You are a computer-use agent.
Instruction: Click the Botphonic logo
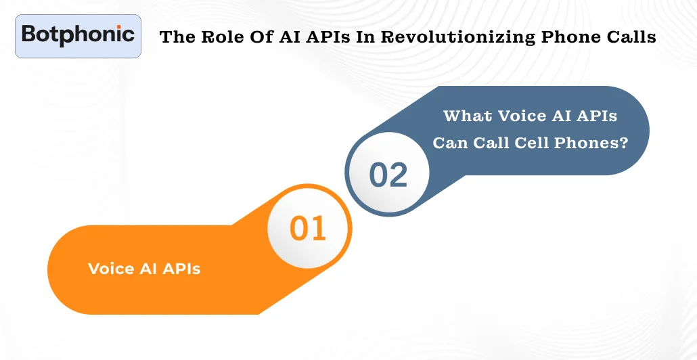[x=78, y=35]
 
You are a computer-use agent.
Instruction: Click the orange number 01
[x=308, y=229]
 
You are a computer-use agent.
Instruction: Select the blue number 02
[x=388, y=175]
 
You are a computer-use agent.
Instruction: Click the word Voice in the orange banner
[x=111, y=269]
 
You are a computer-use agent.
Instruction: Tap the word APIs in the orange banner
[x=181, y=269]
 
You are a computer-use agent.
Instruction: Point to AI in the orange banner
[x=148, y=269]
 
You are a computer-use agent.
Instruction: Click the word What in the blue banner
[x=468, y=116]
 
